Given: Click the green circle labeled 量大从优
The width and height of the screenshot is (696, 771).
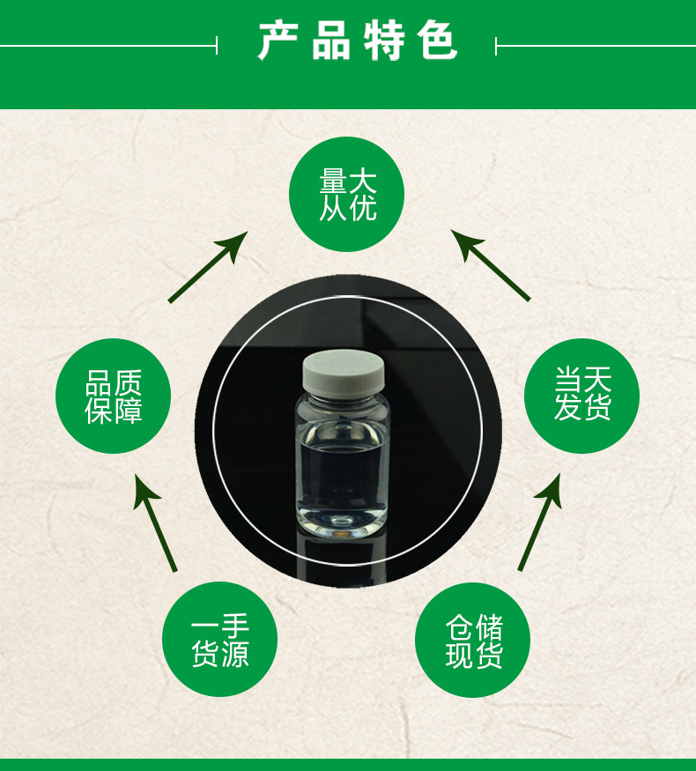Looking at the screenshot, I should click(x=347, y=195).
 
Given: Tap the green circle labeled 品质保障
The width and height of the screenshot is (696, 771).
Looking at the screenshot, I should click(x=113, y=396).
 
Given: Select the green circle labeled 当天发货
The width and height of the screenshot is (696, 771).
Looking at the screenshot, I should click(x=581, y=396).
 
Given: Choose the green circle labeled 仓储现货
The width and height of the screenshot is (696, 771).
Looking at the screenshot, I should click(x=473, y=641).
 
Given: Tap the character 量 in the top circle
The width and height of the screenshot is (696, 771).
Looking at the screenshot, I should click(x=333, y=181).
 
